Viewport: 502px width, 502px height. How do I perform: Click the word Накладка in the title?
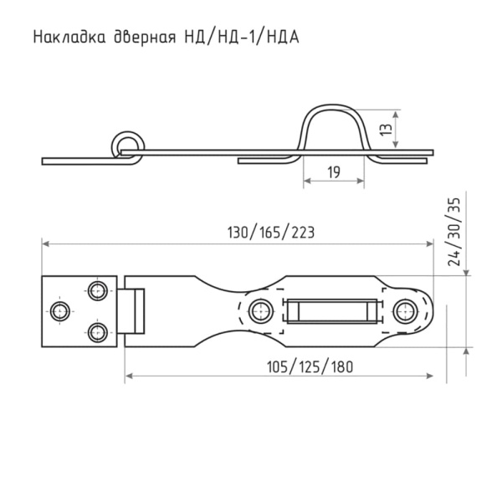pos(69,37)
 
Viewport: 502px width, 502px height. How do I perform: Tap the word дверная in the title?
pos(145,38)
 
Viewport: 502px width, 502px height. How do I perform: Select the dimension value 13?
pos(386,130)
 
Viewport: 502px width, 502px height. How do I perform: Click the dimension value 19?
pos(334,172)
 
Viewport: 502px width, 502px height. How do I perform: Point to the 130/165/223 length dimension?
pos(271,233)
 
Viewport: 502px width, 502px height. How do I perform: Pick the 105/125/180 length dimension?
pos(310,367)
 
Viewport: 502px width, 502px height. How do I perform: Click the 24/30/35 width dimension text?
pos(454,232)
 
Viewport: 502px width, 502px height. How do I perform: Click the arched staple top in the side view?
pos(334,106)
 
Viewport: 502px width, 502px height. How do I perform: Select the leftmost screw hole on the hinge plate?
pos(60,311)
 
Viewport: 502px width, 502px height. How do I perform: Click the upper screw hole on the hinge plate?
pos(97,290)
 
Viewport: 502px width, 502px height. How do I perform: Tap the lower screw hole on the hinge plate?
pos(97,332)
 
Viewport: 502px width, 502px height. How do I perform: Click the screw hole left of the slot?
pos(261,311)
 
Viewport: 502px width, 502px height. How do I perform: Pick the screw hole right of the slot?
pos(405,311)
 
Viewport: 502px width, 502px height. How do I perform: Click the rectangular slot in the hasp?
pos(332,311)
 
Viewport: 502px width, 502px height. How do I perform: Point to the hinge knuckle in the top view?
pos(131,311)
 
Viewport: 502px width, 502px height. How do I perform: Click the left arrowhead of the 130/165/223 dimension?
pos(45,244)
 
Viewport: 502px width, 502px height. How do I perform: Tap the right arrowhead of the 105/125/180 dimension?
pos(430,376)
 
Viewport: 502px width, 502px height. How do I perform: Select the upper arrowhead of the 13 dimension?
pos(397,114)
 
